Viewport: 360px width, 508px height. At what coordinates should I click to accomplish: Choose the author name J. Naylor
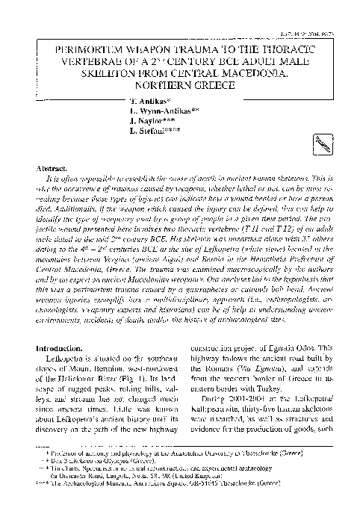[146, 120]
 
